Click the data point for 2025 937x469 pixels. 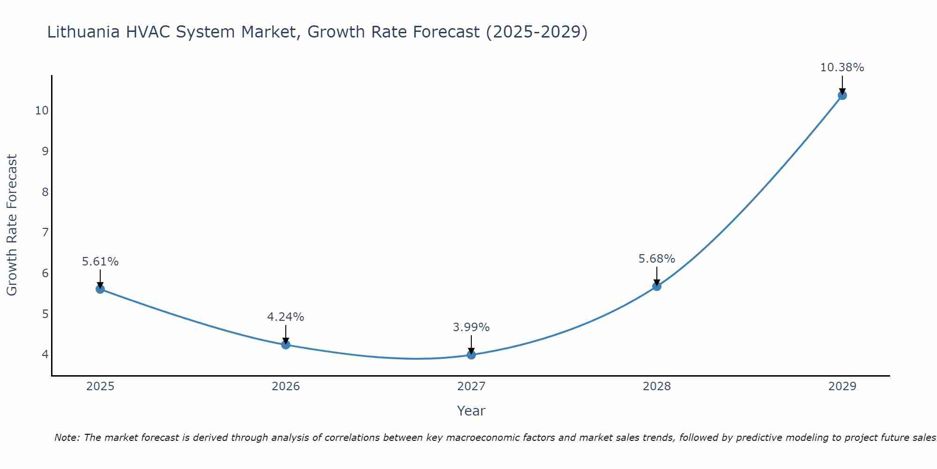tap(100, 289)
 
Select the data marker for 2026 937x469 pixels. tap(286, 345)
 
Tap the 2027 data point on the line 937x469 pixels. tap(471, 355)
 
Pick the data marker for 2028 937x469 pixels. tap(657, 286)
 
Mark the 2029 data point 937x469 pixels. tap(842, 95)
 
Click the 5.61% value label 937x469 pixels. tap(100, 262)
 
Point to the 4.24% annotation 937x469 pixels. tap(286, 317)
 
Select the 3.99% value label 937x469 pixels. tap(471, 327)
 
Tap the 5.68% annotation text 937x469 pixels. tap(657, 259)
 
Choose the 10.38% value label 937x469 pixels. tap(842, 68)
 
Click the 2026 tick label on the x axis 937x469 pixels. tap(286, 386)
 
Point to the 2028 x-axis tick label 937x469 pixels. tap(657, 386)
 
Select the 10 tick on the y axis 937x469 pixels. tap(42, 111)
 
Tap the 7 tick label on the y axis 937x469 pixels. tap(45, 232)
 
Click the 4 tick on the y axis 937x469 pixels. tap(45, 354)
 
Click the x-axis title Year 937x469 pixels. tap(471, 411)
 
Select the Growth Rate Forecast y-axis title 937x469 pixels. tap(12, 225)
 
